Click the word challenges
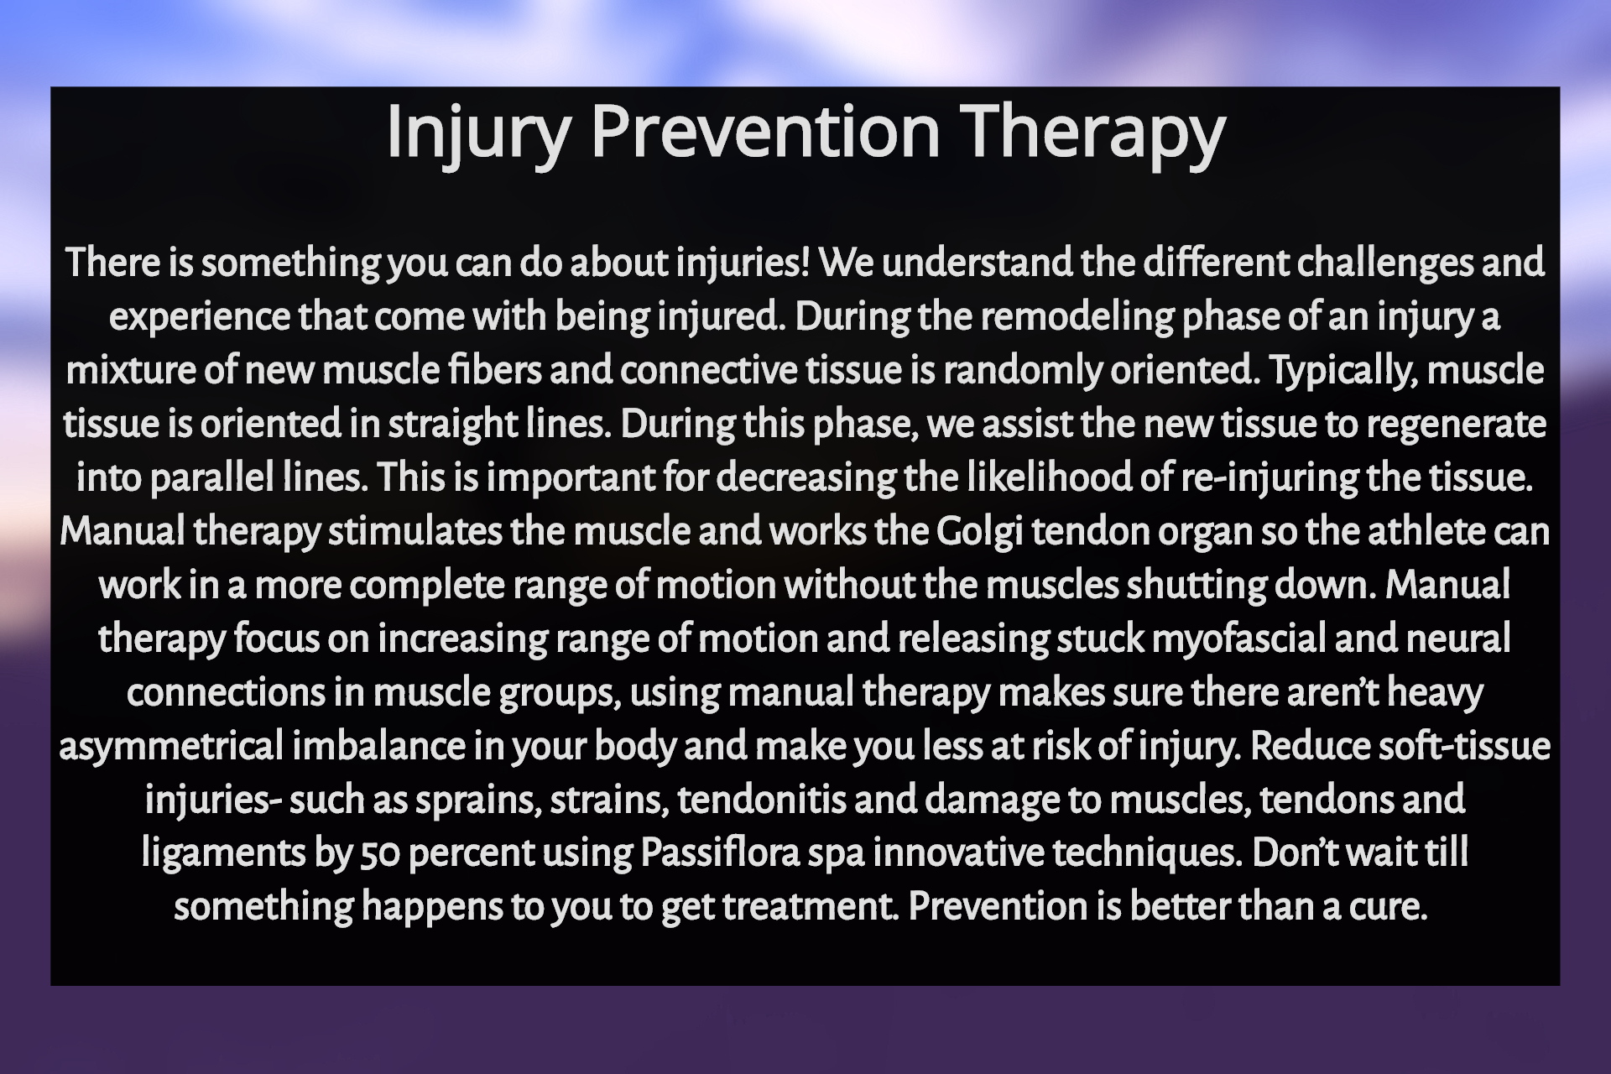click(1384, 263)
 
